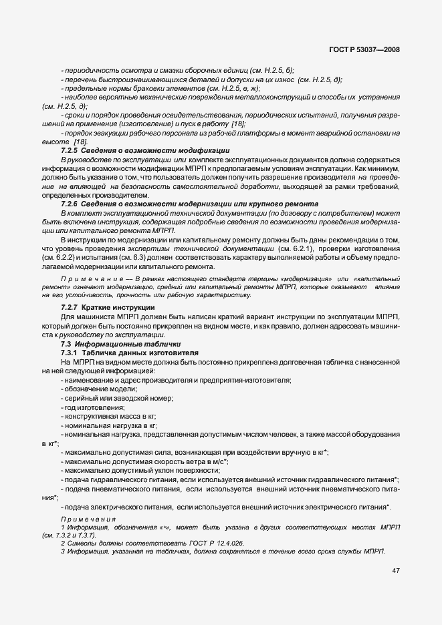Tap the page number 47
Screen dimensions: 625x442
pos(396,570)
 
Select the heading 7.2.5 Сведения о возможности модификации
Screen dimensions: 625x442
pos(144,150)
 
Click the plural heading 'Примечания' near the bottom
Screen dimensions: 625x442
pos(88,519)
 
